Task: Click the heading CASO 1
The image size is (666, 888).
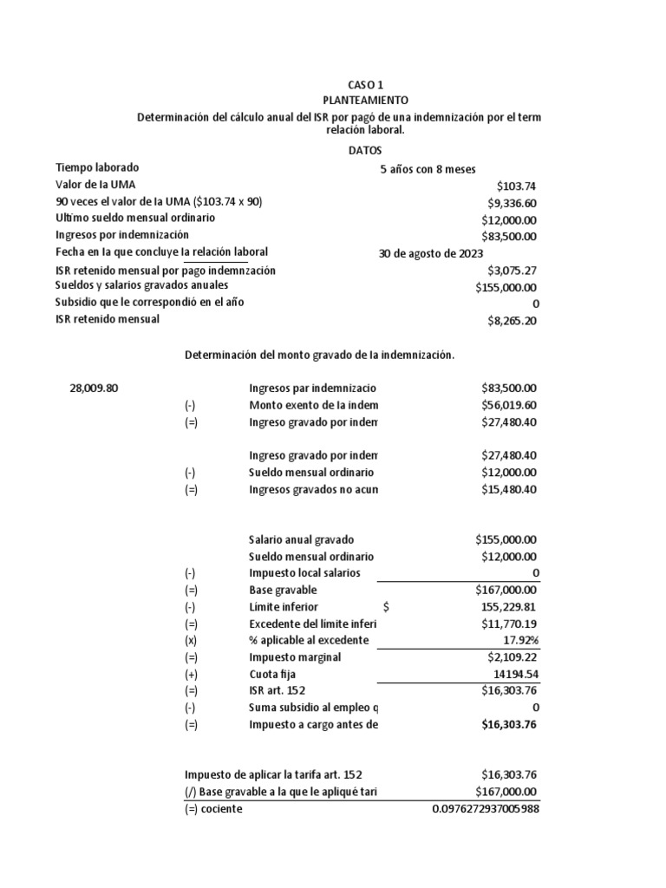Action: (x=364, y=85)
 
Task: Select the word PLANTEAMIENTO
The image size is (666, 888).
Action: (x=364, y=101)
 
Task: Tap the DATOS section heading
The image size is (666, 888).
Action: (x=364, y=150)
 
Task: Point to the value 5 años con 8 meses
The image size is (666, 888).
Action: (x=428, y=170)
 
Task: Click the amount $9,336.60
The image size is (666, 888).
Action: (x=512, y=203)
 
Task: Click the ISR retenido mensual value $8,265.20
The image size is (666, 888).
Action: (x=512, y=321)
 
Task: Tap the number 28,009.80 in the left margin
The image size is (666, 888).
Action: (x=94, y=388)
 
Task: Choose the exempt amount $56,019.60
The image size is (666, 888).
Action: (x=509, y=405)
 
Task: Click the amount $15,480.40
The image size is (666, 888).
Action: (x=509, y=489)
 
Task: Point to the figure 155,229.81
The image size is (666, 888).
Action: (x=507, y=607)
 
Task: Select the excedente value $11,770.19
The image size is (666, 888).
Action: (x=509, y=624)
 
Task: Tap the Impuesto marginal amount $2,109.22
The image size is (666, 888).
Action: (x=512, y=657)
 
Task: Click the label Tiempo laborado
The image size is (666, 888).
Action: (x=97, y=167)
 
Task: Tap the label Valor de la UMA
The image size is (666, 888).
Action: (x=95, y=184)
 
